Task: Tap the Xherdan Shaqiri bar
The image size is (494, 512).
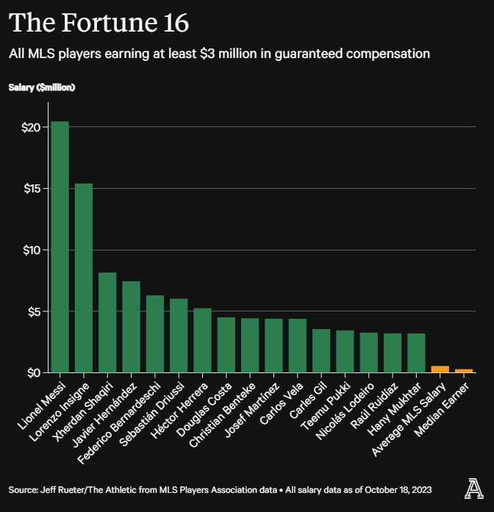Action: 107,322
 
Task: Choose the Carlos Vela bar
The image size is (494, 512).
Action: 297,345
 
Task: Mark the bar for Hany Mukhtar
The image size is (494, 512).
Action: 416,353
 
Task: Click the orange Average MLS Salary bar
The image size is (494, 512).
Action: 440,369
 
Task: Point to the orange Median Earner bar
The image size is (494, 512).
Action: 464,370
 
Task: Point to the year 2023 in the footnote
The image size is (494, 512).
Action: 420,489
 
